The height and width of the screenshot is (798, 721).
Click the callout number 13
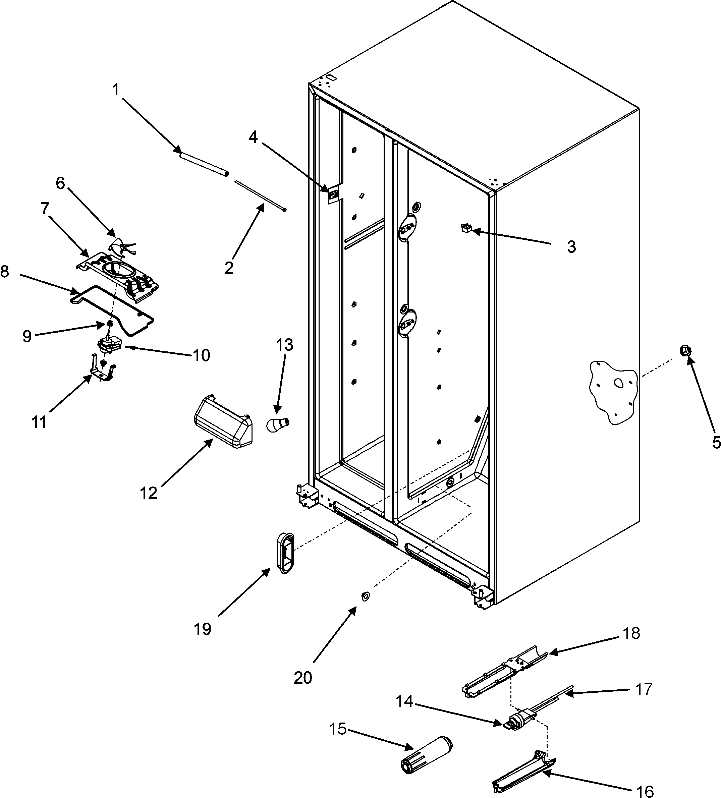coord(284,345)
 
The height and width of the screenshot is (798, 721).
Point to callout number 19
coord(202,629)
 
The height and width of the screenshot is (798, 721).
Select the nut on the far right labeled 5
coord(686,351)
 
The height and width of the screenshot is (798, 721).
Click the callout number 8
coord(5,272)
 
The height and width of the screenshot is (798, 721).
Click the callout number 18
coord(631,633)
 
